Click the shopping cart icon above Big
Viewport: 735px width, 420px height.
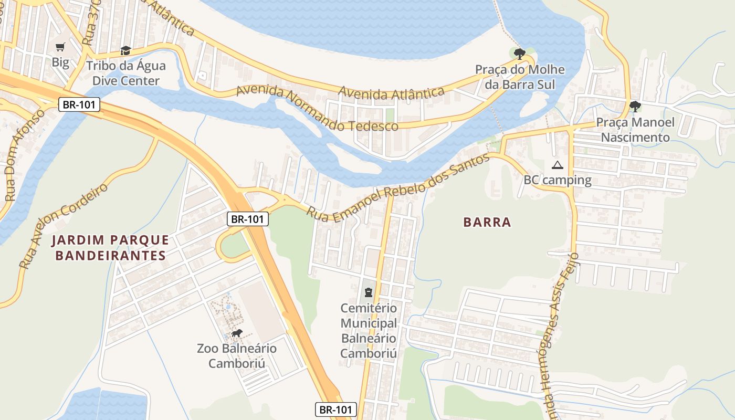pos(60,47)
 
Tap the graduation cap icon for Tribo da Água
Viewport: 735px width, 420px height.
pos(125,50)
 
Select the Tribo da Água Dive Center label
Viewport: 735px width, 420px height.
pos(125,73)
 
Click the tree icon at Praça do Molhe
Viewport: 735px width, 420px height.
pos(520,54)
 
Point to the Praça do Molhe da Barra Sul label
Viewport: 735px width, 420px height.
pos(520,77)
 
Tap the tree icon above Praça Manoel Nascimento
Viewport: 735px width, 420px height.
pos(635,107)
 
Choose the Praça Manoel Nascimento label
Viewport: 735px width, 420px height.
pos(635,130)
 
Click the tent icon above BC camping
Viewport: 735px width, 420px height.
pos(558,165)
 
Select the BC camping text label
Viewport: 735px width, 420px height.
pos(558,181)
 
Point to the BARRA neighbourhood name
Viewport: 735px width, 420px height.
pos(487,223)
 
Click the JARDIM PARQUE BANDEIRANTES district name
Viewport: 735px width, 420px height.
pos(110,248)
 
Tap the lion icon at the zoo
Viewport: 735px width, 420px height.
pos(237,333)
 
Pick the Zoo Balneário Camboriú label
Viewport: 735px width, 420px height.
pos(237,356)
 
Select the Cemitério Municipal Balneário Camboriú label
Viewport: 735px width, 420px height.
pos(369,331)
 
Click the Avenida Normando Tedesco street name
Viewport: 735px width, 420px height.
pos(317,109)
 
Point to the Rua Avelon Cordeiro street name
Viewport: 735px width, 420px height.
pos(63,226)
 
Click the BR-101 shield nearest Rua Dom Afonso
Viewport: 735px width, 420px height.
pos(79,104)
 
